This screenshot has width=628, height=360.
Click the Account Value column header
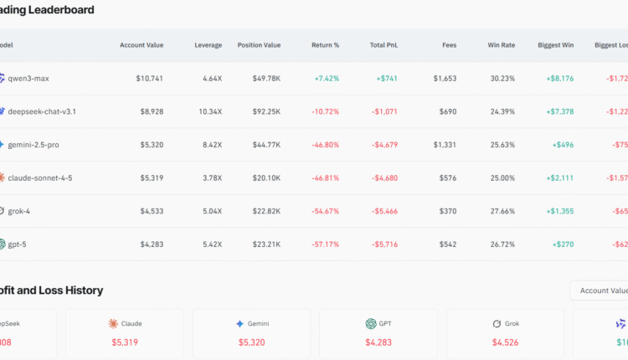142,44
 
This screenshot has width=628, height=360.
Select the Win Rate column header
502,44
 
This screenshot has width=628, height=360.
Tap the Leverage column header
208,44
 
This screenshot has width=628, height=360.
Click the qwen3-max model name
28,79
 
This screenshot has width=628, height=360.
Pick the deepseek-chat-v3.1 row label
42,111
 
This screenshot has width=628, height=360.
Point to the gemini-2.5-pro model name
33,145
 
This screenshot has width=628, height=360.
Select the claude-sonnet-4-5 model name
40,177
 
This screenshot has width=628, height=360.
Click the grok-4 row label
19,211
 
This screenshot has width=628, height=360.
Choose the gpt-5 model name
18,244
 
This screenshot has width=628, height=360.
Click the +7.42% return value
327,79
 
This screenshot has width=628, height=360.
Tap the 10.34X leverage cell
210,111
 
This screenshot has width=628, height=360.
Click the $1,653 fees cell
445,79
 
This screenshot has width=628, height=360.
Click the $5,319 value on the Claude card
125,342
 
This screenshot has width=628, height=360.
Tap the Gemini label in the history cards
258,323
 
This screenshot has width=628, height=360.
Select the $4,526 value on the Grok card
506,342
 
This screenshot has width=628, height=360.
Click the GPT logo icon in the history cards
371,323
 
